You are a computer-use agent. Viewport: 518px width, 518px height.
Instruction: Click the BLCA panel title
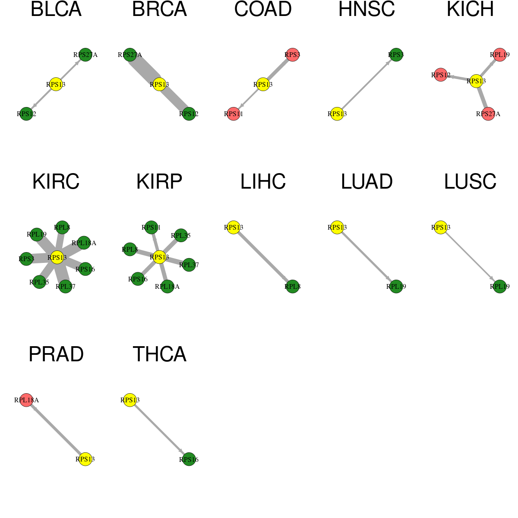pos(56,9)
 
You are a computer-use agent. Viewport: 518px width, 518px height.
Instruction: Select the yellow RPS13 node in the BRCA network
pos(159,85)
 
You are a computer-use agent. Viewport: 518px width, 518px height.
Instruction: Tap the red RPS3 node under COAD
pos(292,55)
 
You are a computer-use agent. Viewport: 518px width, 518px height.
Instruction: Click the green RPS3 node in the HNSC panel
pos(396,55)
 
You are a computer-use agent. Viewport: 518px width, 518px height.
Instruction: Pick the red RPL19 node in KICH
pos(499,55)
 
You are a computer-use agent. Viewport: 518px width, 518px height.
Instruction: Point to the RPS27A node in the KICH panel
pos(488,114)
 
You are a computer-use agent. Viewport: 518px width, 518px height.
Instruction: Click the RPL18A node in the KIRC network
pos(84,243)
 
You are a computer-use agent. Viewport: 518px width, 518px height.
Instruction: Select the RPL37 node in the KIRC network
pos(65,287)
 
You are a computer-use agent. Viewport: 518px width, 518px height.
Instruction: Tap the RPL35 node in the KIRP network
pos(180,236)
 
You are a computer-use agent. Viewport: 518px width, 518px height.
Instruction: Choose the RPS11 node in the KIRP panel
pos(151,227)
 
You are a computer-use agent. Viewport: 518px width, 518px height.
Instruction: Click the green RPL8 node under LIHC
pos(292,287)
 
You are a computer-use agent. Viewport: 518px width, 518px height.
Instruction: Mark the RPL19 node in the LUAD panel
pos(396,287)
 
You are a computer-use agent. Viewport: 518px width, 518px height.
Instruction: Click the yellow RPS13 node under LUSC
pos(441,227)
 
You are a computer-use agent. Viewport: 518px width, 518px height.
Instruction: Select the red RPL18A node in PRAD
pos(26,400)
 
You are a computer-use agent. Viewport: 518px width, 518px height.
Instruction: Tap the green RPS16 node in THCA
pos(189,459)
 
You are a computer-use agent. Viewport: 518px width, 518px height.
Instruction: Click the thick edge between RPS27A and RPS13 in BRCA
pos(145,69)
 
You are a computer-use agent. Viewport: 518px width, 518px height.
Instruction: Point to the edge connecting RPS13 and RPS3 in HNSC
pos(366,85)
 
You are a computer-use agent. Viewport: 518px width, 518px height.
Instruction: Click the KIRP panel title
pos(159,182)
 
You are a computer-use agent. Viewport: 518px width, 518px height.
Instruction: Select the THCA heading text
pos(159,354)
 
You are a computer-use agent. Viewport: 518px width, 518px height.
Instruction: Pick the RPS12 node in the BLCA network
pos(26,114)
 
